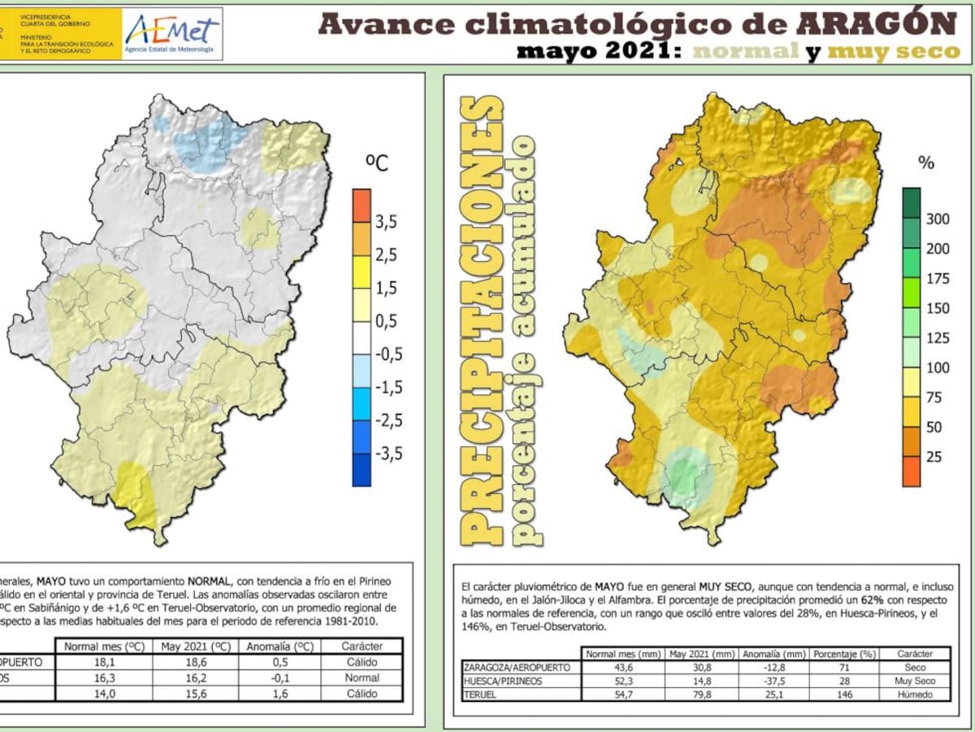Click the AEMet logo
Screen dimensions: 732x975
point(171,33)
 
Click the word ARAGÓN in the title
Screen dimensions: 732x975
point(877,24)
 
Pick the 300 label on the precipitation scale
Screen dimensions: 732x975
point(938,219)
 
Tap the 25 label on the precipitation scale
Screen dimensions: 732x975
point(934,456)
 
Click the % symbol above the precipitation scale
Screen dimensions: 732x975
point(926,162)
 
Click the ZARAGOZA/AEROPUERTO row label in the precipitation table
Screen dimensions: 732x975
point(512,667)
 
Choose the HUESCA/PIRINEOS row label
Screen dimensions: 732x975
point(504,681)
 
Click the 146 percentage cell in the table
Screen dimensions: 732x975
point(846,695)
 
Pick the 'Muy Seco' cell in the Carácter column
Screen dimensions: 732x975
point(914,681)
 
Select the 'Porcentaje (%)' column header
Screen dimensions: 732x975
point(846,653)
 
